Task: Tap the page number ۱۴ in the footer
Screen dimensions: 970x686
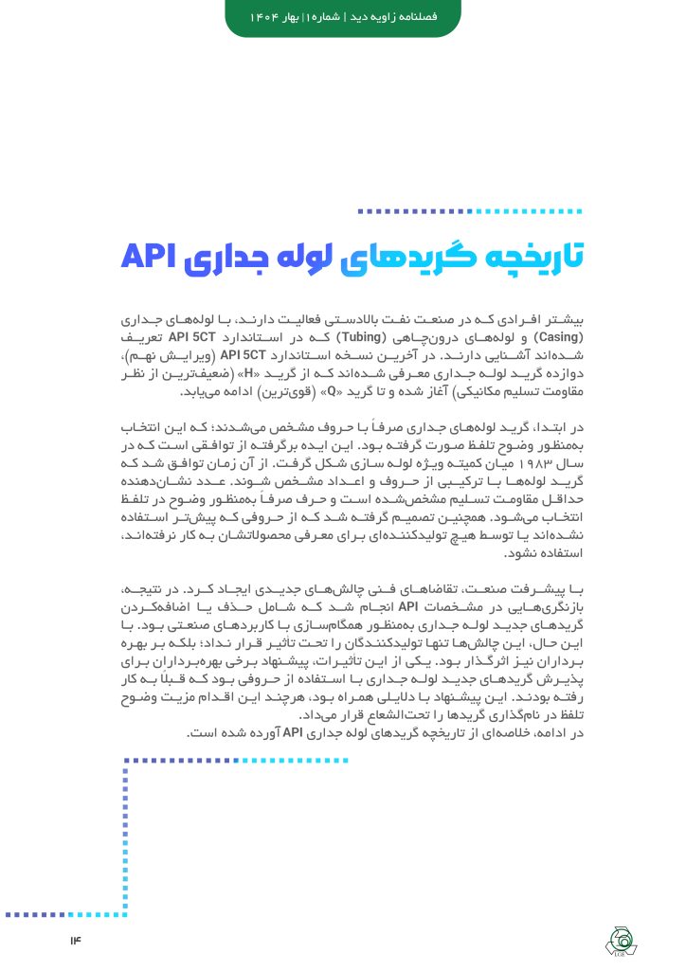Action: [x=76, y=940]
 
